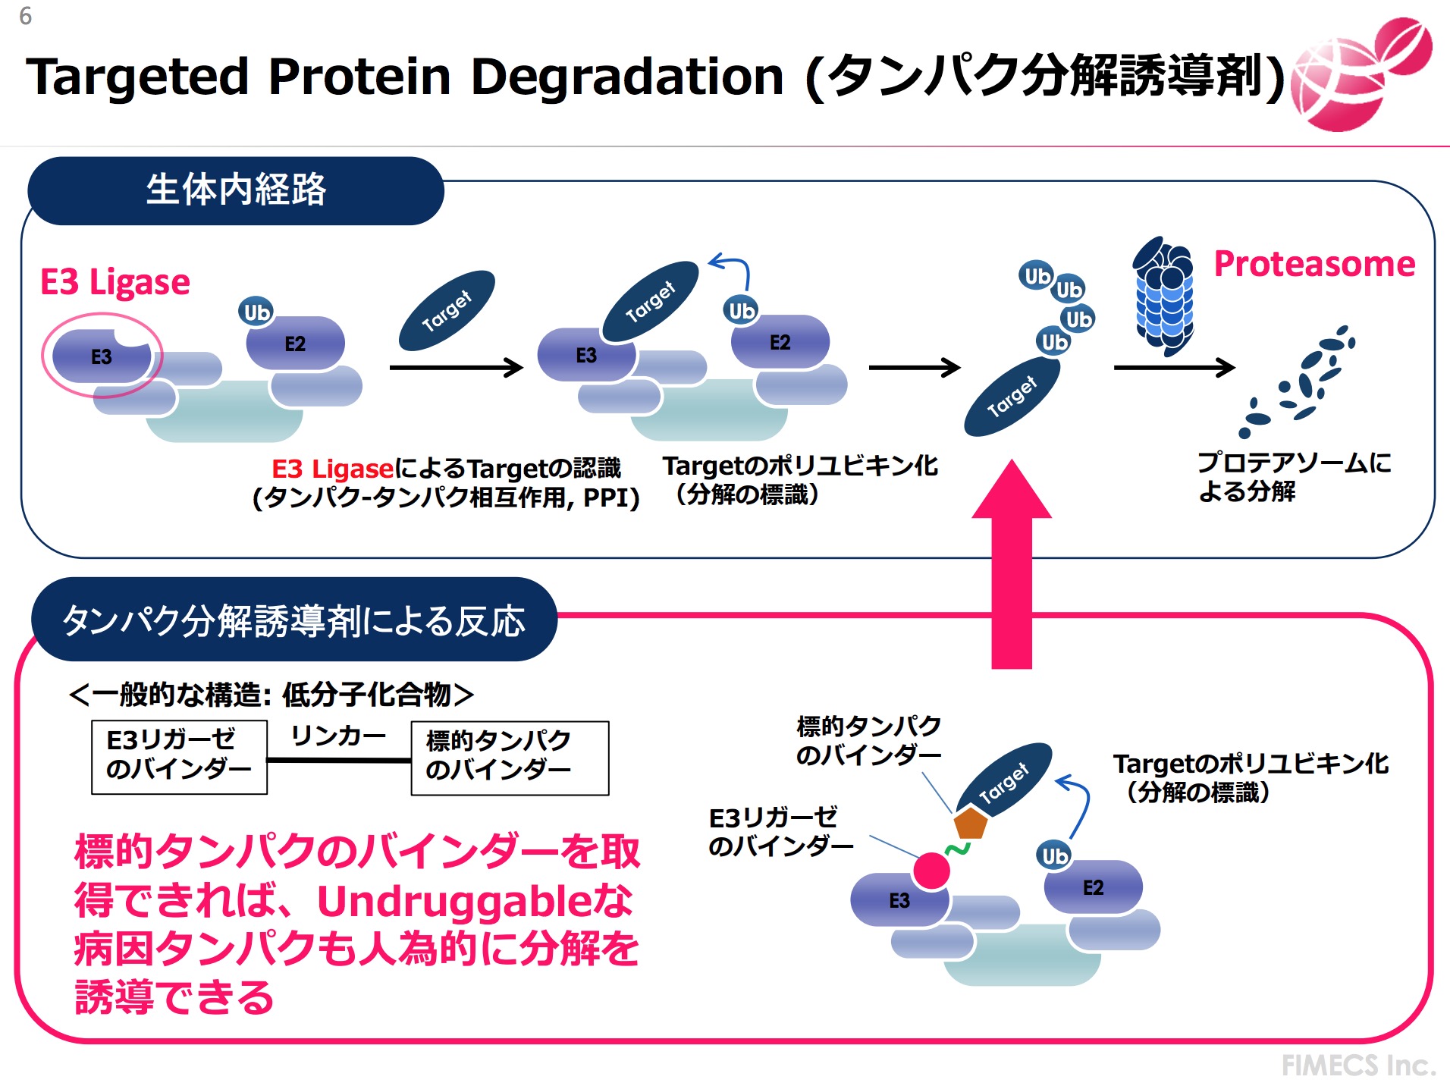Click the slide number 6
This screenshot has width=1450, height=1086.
(25, 16)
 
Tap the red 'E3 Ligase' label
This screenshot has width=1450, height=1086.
(115, 282)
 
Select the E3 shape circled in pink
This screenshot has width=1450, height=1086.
(101, 356)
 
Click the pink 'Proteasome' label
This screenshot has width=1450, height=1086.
(1314, 264)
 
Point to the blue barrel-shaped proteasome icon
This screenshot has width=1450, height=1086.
(1164, 296)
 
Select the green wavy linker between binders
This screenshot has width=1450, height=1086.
(957, 849)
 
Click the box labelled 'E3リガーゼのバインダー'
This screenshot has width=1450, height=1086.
(179, 757)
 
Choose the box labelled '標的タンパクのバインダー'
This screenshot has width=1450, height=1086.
(510, 758)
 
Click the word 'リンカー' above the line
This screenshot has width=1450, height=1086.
(338, 736)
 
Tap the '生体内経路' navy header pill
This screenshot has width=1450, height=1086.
(236, 190)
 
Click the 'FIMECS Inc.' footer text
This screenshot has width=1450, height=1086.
(1358, 1065)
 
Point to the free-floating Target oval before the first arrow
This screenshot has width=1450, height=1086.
(447, 310)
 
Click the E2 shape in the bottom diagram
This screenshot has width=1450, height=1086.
(1093, 887)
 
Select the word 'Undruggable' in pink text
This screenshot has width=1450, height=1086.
(454, 901)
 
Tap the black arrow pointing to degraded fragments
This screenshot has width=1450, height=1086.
(1174, 368)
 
